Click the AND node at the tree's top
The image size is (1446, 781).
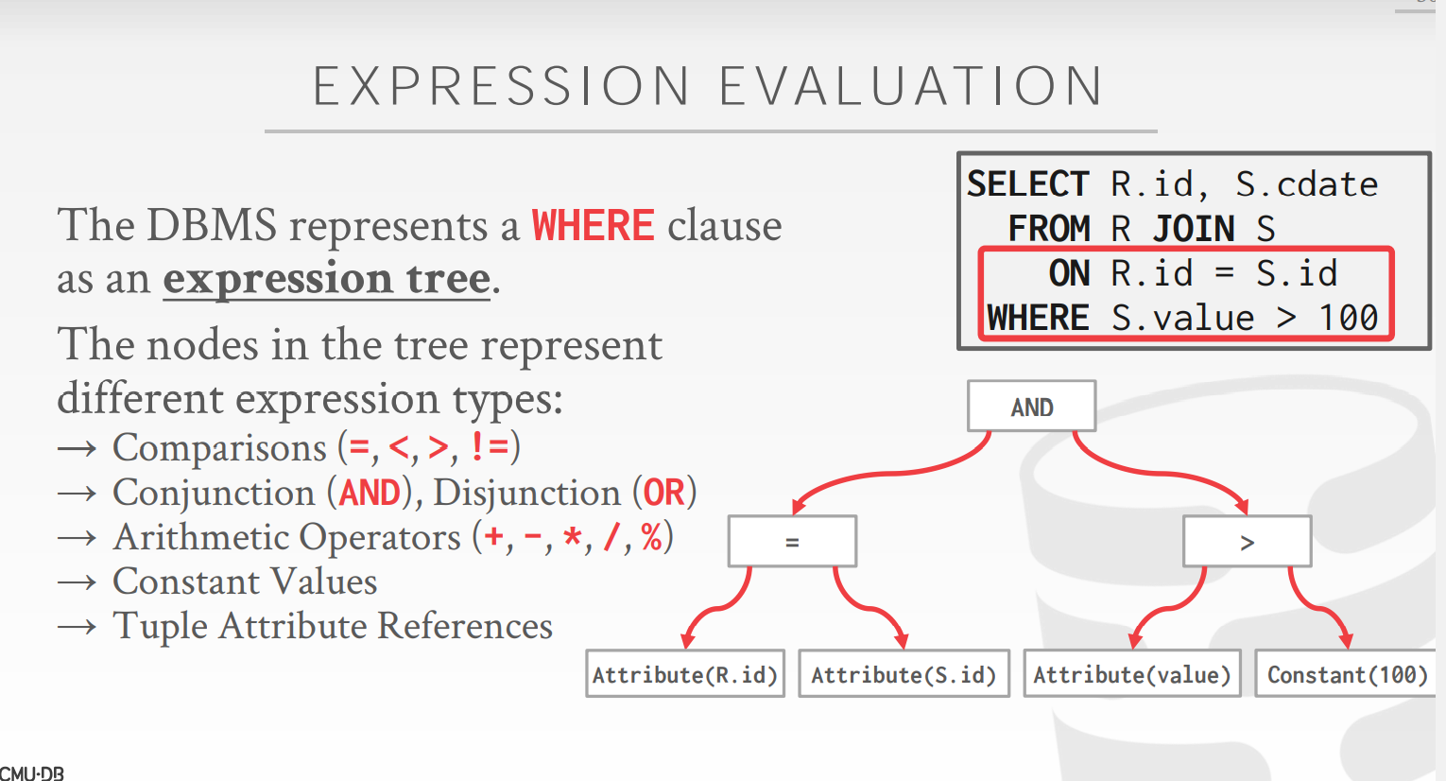pos(1031,407)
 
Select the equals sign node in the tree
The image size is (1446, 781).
pos(792,542)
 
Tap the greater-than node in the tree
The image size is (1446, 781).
pos(1248,542)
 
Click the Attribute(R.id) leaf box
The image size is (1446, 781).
pos(685,674)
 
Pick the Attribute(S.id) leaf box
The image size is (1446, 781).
pos(904,674)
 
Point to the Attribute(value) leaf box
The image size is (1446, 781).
pos(1132,674)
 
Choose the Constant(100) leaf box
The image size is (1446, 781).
pos(1347,674)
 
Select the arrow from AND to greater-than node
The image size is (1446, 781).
pos(1162,474)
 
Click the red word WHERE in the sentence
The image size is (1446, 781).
pos(593,225)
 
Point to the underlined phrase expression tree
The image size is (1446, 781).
pos(327,279)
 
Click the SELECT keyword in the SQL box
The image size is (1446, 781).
pos(1027,184)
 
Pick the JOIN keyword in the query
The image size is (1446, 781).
pos(1194,229)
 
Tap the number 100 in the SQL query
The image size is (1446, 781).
pos(1348,318)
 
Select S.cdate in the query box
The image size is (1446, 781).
pos(1306,184)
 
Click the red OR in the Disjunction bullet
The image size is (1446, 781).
pos(663,493)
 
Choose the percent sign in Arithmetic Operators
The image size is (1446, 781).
pos(652,537)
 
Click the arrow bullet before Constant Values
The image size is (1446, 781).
pos(77,582)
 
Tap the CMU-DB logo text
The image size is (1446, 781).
pos(32,773)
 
